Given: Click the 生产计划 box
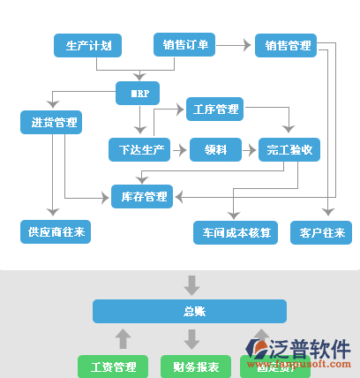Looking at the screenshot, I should [x=87, y=45].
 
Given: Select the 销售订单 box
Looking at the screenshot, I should [x=184, y=45].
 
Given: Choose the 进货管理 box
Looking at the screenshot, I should [x=50, y=122].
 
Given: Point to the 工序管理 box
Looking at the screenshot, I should [x=214, y=110].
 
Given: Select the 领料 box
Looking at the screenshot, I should [x=215, y=150].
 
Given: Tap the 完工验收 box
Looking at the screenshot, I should [x=289, y=150].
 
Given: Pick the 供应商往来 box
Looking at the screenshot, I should [x=55, y=232].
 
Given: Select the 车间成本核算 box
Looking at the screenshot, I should [x=235, y=232].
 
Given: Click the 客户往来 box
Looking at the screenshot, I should [x=320, y=232].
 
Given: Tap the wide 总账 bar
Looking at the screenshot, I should [x=190, y=311].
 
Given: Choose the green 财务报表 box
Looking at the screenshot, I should [x=190, y=366].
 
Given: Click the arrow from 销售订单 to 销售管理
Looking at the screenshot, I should [x=235, y=44].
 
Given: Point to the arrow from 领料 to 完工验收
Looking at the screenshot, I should [x=249, y=150].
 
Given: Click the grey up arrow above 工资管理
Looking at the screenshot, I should [x=124, y=338].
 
